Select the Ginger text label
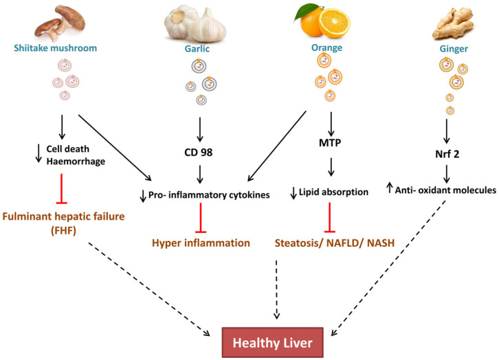coord(450,49)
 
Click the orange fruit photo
coord(323,22)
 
